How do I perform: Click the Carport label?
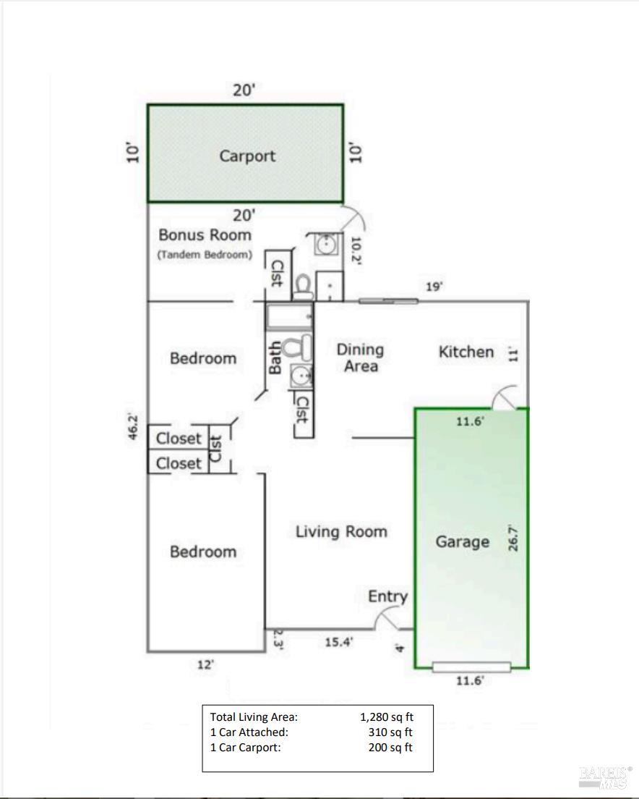pos(247,156)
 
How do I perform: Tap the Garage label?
pos(462,541)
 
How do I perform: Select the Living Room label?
pos(341,532)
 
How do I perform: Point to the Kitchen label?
pos(466,352)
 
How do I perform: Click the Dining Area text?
pos(360,358)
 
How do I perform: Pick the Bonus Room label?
pos(205,234)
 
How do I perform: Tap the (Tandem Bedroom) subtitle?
pos(205,255)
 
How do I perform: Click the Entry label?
pos(387,596)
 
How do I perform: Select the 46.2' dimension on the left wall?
pos(134,428)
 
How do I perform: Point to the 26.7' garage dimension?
pos(514,538)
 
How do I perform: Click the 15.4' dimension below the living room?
pos(338,641)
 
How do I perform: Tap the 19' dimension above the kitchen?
pos(434,287)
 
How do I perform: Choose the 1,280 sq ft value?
pos(387,717)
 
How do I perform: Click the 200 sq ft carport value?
pos(390,748)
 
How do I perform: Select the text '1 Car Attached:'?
pos(249,732)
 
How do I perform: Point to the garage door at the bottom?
pos(471,667)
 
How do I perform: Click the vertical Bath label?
pos(275,358)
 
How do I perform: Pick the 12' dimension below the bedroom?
pos(205,664)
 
